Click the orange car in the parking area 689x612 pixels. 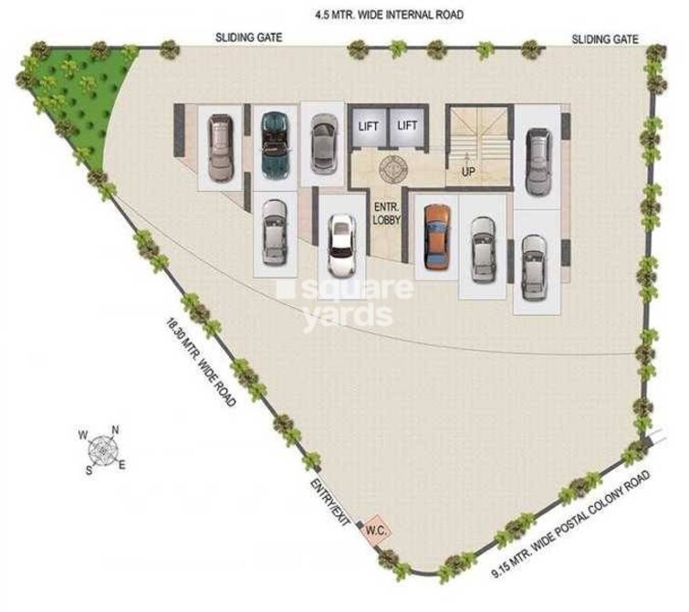click(x=437, y=236)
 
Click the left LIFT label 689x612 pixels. click(x=369, y=126)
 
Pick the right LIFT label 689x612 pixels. click(x=408, y=126)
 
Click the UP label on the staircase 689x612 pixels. click(x=468, y=171)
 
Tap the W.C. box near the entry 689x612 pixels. click(x=374, y=529)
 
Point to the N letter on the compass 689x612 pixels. click(x=115, y=431)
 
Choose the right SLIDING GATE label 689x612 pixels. click(x=605, y=38)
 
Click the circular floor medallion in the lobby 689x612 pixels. click(x=395, y=170)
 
